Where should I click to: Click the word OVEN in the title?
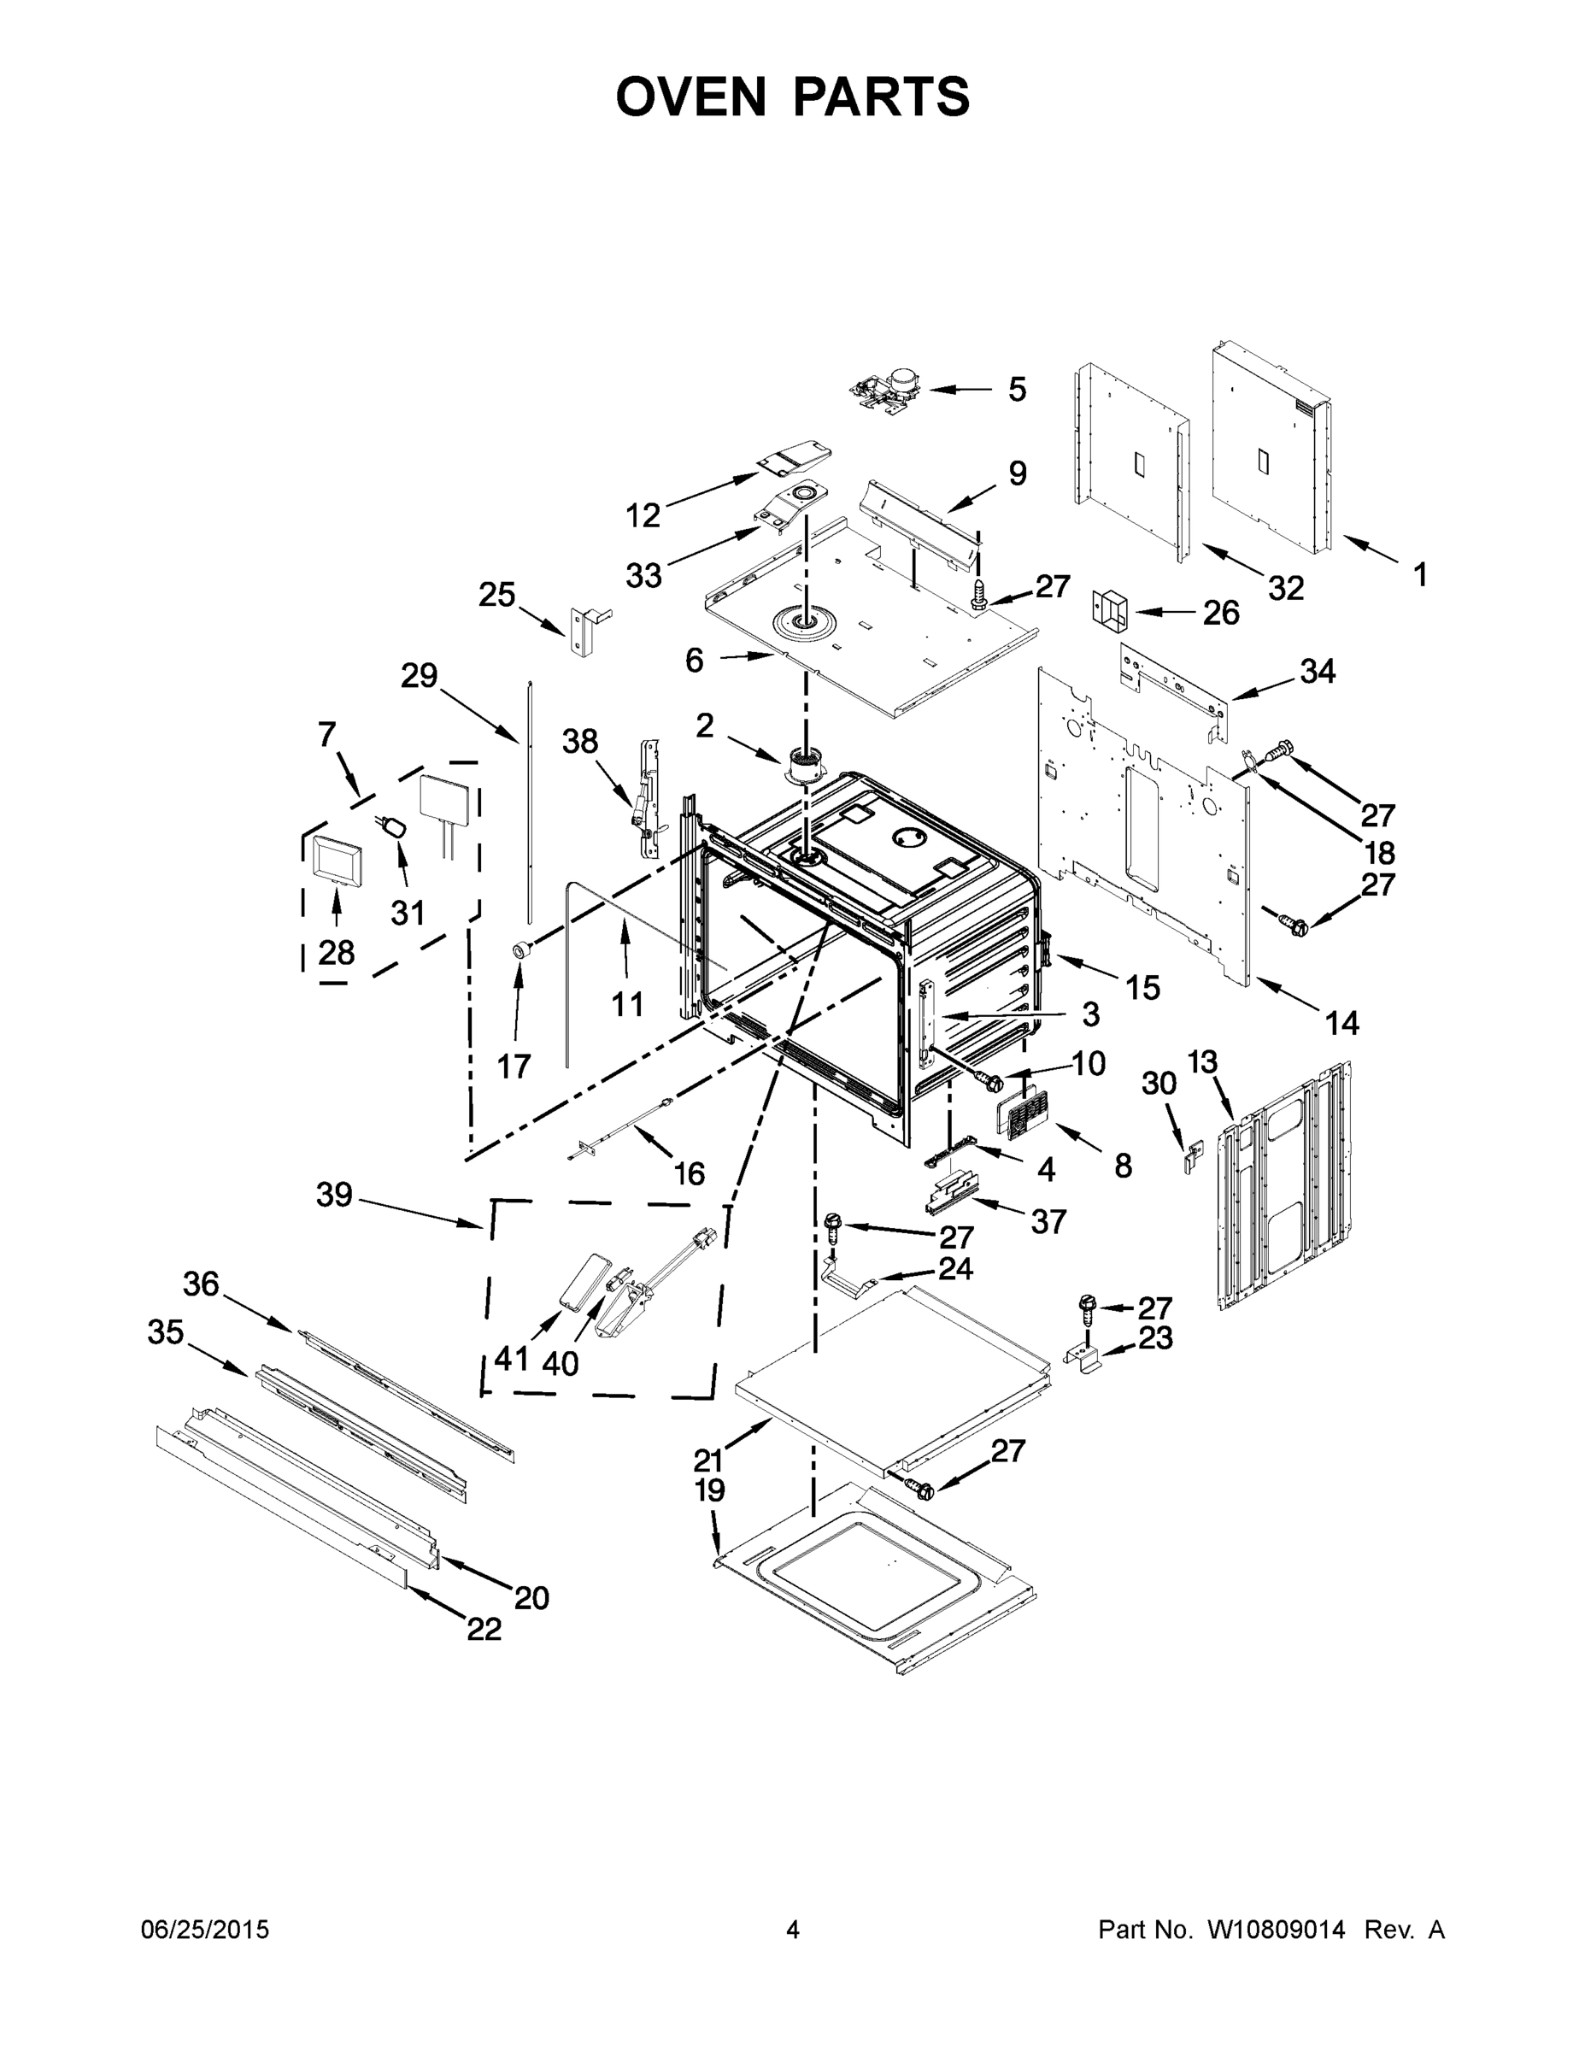point(691,97)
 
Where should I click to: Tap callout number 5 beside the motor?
point(1017,389)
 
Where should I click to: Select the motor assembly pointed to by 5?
point(887,388)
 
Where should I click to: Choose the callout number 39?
point(334,1195)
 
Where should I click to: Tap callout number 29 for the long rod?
point(419,675)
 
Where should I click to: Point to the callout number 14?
point(1341,1023)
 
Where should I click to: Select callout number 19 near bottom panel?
point(710,1490)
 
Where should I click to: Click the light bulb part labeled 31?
point(396,826)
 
